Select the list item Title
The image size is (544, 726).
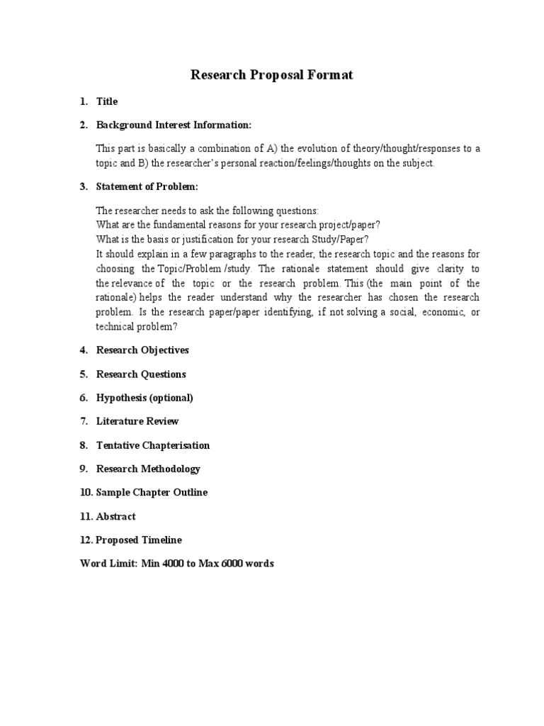click(x=107, y=101)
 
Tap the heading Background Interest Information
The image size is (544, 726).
click(x=174, y=125)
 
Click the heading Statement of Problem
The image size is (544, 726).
click(x=147, y=186)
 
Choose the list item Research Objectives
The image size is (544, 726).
click(x=142, y=350)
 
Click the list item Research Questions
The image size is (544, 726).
click(x=141, y=374)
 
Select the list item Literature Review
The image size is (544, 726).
click(x=137, y=421)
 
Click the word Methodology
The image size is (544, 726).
click(x=170, y=469)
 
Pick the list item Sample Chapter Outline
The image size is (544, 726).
click(x=152, y=492)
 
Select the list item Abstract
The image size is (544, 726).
click(x=115, y=516)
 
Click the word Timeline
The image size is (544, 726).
click(x=161, y=540)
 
